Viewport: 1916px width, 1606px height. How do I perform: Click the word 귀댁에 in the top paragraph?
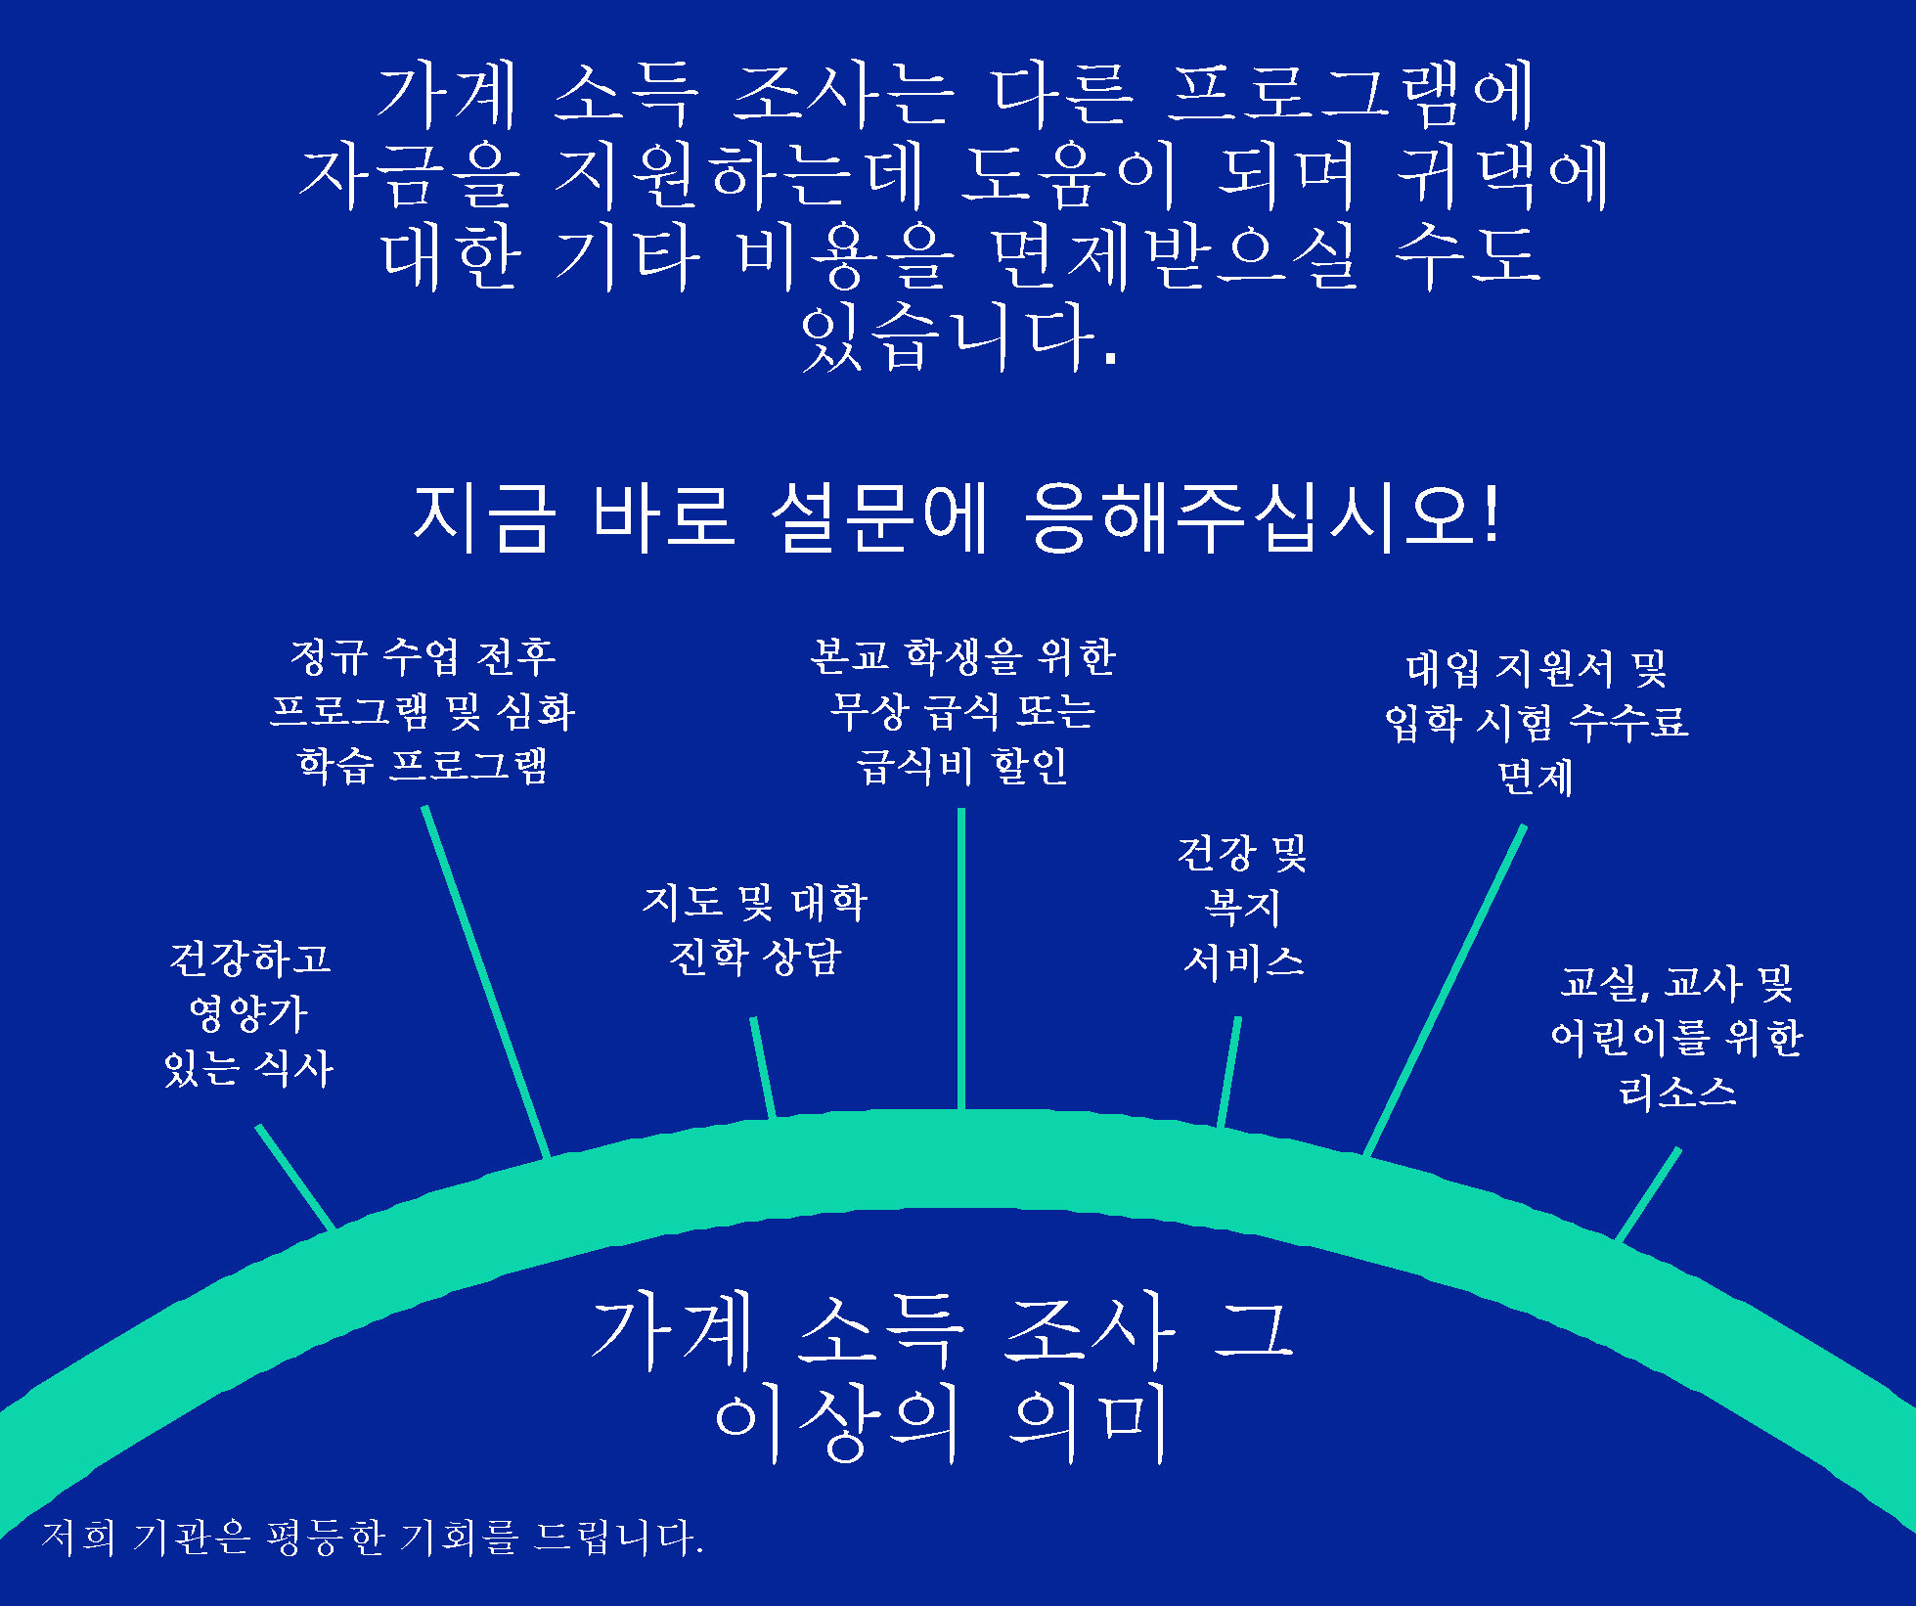[1501, 177]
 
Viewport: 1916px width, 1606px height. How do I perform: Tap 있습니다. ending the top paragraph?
[958, 337]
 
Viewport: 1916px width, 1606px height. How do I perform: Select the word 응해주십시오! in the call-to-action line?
[1262, 517]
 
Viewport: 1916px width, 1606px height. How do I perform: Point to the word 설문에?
[879, 517]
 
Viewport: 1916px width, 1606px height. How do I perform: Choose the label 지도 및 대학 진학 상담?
[755, 929]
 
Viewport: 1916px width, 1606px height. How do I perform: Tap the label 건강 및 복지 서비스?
[1243, 907]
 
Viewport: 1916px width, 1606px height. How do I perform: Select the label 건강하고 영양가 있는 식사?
[249, 1014]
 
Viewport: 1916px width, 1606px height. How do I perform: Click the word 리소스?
[1677, 1092]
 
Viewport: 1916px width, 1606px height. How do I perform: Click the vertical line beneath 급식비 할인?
[961, 959]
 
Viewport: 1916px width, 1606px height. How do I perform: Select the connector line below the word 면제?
[1445, 991]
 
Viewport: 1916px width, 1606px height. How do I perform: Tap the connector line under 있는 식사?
[295, 1177]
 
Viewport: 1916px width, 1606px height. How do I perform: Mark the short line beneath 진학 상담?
[763, 1067]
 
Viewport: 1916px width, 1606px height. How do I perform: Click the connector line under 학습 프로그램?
[486, 982]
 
